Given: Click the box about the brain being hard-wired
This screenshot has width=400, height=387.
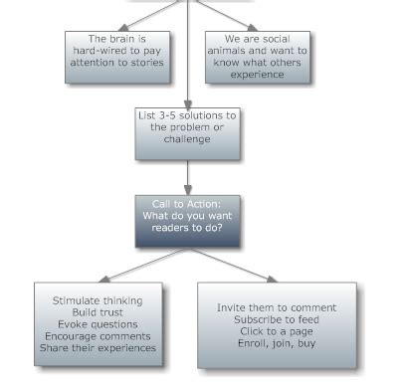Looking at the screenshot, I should click(x=111, y=51).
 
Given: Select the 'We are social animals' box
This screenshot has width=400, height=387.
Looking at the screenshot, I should click(x=257, y=56).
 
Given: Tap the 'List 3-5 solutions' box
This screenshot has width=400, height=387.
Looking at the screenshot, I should click(x=187, y=133).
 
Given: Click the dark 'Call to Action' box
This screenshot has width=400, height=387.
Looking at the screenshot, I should click(x=187, y=221).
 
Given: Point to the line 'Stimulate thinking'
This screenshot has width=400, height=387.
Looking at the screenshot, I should click(x=97, y=300).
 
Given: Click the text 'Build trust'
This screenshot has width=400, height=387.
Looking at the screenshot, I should click(x=97, y=312).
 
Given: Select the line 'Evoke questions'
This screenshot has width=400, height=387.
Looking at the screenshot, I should click(x=97, y=324).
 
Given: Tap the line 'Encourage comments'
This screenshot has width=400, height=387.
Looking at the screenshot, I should click(x=97, y=336).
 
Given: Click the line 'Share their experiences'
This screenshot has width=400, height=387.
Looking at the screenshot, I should click(x=97, y=348).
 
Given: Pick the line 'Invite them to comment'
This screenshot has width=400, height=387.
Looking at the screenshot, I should click(x=277, y=308).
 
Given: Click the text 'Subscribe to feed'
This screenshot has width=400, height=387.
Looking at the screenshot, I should click(x=277, y=320).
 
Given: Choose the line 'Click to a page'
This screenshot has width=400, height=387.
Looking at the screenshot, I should click(x=277, y=331).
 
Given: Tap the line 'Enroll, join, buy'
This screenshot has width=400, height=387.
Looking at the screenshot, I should click(x=277, y=343).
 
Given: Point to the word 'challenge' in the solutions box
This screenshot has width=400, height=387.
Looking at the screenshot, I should click(x=187, y=140).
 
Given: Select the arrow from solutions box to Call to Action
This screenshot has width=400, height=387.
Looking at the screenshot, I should click(x=187, y=177).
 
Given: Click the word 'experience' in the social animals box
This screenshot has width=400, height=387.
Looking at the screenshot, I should click(x=257, y=75).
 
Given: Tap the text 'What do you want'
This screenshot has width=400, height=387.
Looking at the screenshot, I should click(x=187, y=215).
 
